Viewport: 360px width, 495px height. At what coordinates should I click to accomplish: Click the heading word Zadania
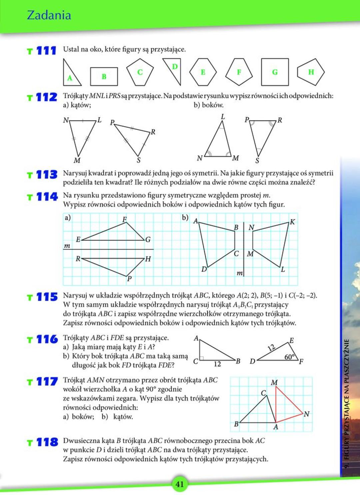pyautogui.click(x=49, y=15)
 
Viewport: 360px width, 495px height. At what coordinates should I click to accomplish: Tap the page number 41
pyautogui.click(x=180, y=484)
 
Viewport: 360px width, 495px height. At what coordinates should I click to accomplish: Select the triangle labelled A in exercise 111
pyautogui.click(x=71, y=75)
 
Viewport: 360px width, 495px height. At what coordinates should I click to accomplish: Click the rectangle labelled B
pyautogui.click(x=104, y=76)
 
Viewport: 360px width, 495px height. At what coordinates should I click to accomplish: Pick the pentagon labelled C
pyautogui.click(x=140, y=72)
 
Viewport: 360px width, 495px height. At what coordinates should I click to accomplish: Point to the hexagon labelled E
pyautogui.click(x=203, y=72)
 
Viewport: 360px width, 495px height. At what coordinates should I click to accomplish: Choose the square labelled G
pyautogui.click(x=275, y=72)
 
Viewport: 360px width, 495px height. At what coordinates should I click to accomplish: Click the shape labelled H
pyautogui.click(x=310, y=72)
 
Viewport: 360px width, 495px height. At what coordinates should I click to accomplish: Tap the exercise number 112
pyautogui.click(x=46, y=97)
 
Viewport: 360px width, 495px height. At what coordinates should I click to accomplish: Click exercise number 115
pyautogui.click(x=47, y=297)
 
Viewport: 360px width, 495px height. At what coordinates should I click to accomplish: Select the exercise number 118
pyautogui.click(x=47, y=442)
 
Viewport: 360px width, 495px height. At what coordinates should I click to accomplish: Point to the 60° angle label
pyautogui.click(x=290, y=357)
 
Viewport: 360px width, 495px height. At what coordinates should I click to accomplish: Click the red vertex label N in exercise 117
pyautogui.click(x=307, y=414)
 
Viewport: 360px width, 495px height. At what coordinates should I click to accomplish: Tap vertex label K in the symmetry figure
pyautogui.click(x=292, y=222)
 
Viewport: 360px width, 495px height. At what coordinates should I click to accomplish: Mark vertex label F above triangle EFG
pyautogui.click(x=125, y=219)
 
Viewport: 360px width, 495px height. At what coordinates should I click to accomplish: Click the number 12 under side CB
pyautogui.click(x=217, y=364)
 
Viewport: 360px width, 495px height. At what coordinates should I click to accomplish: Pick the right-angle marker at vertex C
pyautogui.click(x=202, y=358)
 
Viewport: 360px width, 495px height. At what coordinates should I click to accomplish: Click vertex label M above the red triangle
pyautogui.click(x=274, y=382)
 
